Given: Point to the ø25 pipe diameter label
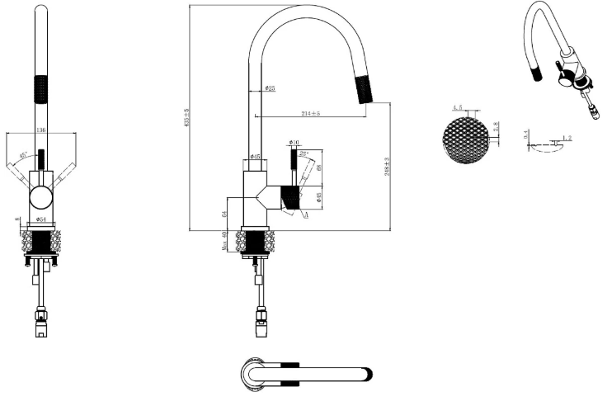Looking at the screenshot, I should [270, 88].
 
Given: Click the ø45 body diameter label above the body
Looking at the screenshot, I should [256, 156].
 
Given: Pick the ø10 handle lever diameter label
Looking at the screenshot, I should [294, 143].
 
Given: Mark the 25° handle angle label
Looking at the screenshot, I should [304, 153].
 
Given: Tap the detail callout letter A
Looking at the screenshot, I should [307, 215].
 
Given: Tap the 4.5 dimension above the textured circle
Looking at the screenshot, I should [458, 108].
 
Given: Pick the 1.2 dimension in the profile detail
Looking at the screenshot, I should [567, 138].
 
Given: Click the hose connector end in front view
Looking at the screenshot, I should [40, 329].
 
